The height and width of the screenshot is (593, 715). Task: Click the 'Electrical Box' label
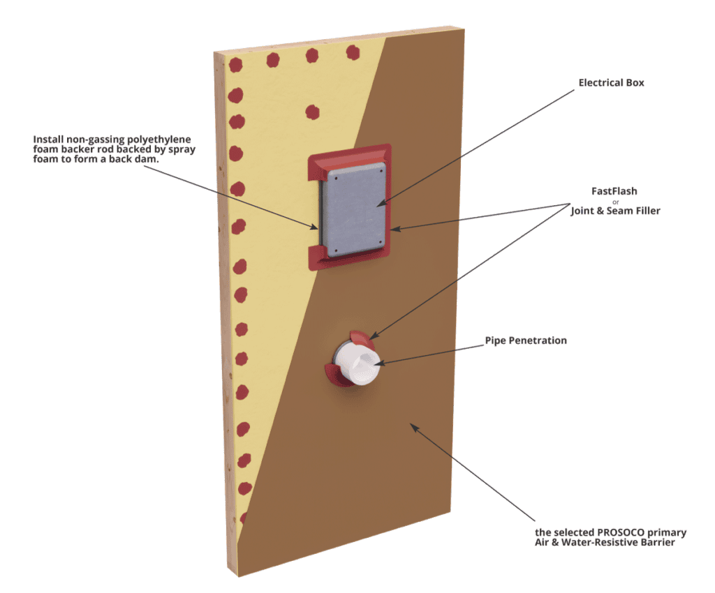point(611,83)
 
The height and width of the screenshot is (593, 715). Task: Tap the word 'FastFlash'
point(614,191)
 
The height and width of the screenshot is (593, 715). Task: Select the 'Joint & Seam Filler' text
point(615,211)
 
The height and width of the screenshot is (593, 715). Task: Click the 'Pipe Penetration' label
point(526,340)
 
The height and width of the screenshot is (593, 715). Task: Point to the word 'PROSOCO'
point(621,532)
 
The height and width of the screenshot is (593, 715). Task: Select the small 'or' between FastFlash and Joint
point(616,202)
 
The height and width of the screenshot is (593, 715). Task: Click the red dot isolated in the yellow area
point(312,112)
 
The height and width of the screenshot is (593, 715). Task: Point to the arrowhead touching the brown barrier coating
point(413,427)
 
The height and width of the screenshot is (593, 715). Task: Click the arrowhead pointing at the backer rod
point(314,226)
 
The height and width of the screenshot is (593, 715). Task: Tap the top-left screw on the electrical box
point(336,178)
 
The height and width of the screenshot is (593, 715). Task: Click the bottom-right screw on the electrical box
point(379,242)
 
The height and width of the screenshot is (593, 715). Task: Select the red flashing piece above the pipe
point(362,338)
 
